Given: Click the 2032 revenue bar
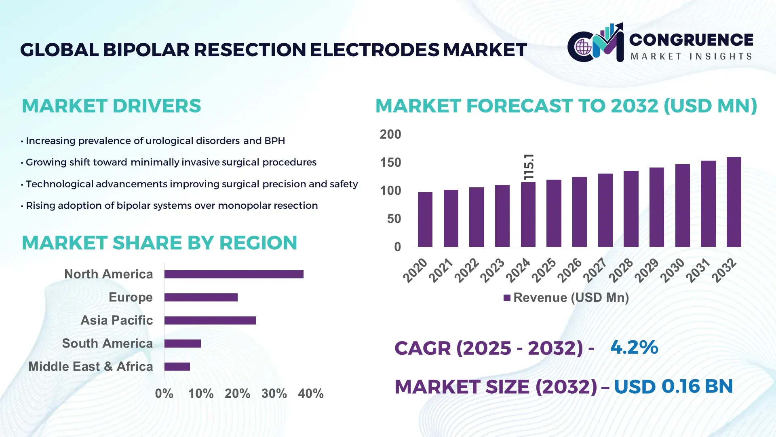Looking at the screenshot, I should (734, 202).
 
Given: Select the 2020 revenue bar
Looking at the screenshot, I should (425, 219).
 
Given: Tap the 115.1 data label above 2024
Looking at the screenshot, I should (529, 167).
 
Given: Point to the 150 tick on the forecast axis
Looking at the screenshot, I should (390, 163).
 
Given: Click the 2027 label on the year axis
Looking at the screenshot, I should (595, 270).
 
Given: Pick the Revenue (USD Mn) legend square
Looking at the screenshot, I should (507, 298).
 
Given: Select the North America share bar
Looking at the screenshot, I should (234, 274).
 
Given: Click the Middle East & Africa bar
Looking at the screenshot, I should (177, 367).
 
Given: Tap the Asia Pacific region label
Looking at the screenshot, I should (116, 320).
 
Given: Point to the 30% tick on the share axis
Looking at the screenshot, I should (274, 393).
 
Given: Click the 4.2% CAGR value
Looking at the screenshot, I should (634, 347).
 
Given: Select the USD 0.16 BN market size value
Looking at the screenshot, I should (673, 386).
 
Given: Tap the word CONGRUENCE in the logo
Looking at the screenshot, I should (691, 40).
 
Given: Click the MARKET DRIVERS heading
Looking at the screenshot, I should (111, 106).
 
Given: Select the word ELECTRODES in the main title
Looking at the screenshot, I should (374, 50).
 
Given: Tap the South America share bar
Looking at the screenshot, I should (182, 344).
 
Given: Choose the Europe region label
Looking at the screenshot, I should (131, 297).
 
